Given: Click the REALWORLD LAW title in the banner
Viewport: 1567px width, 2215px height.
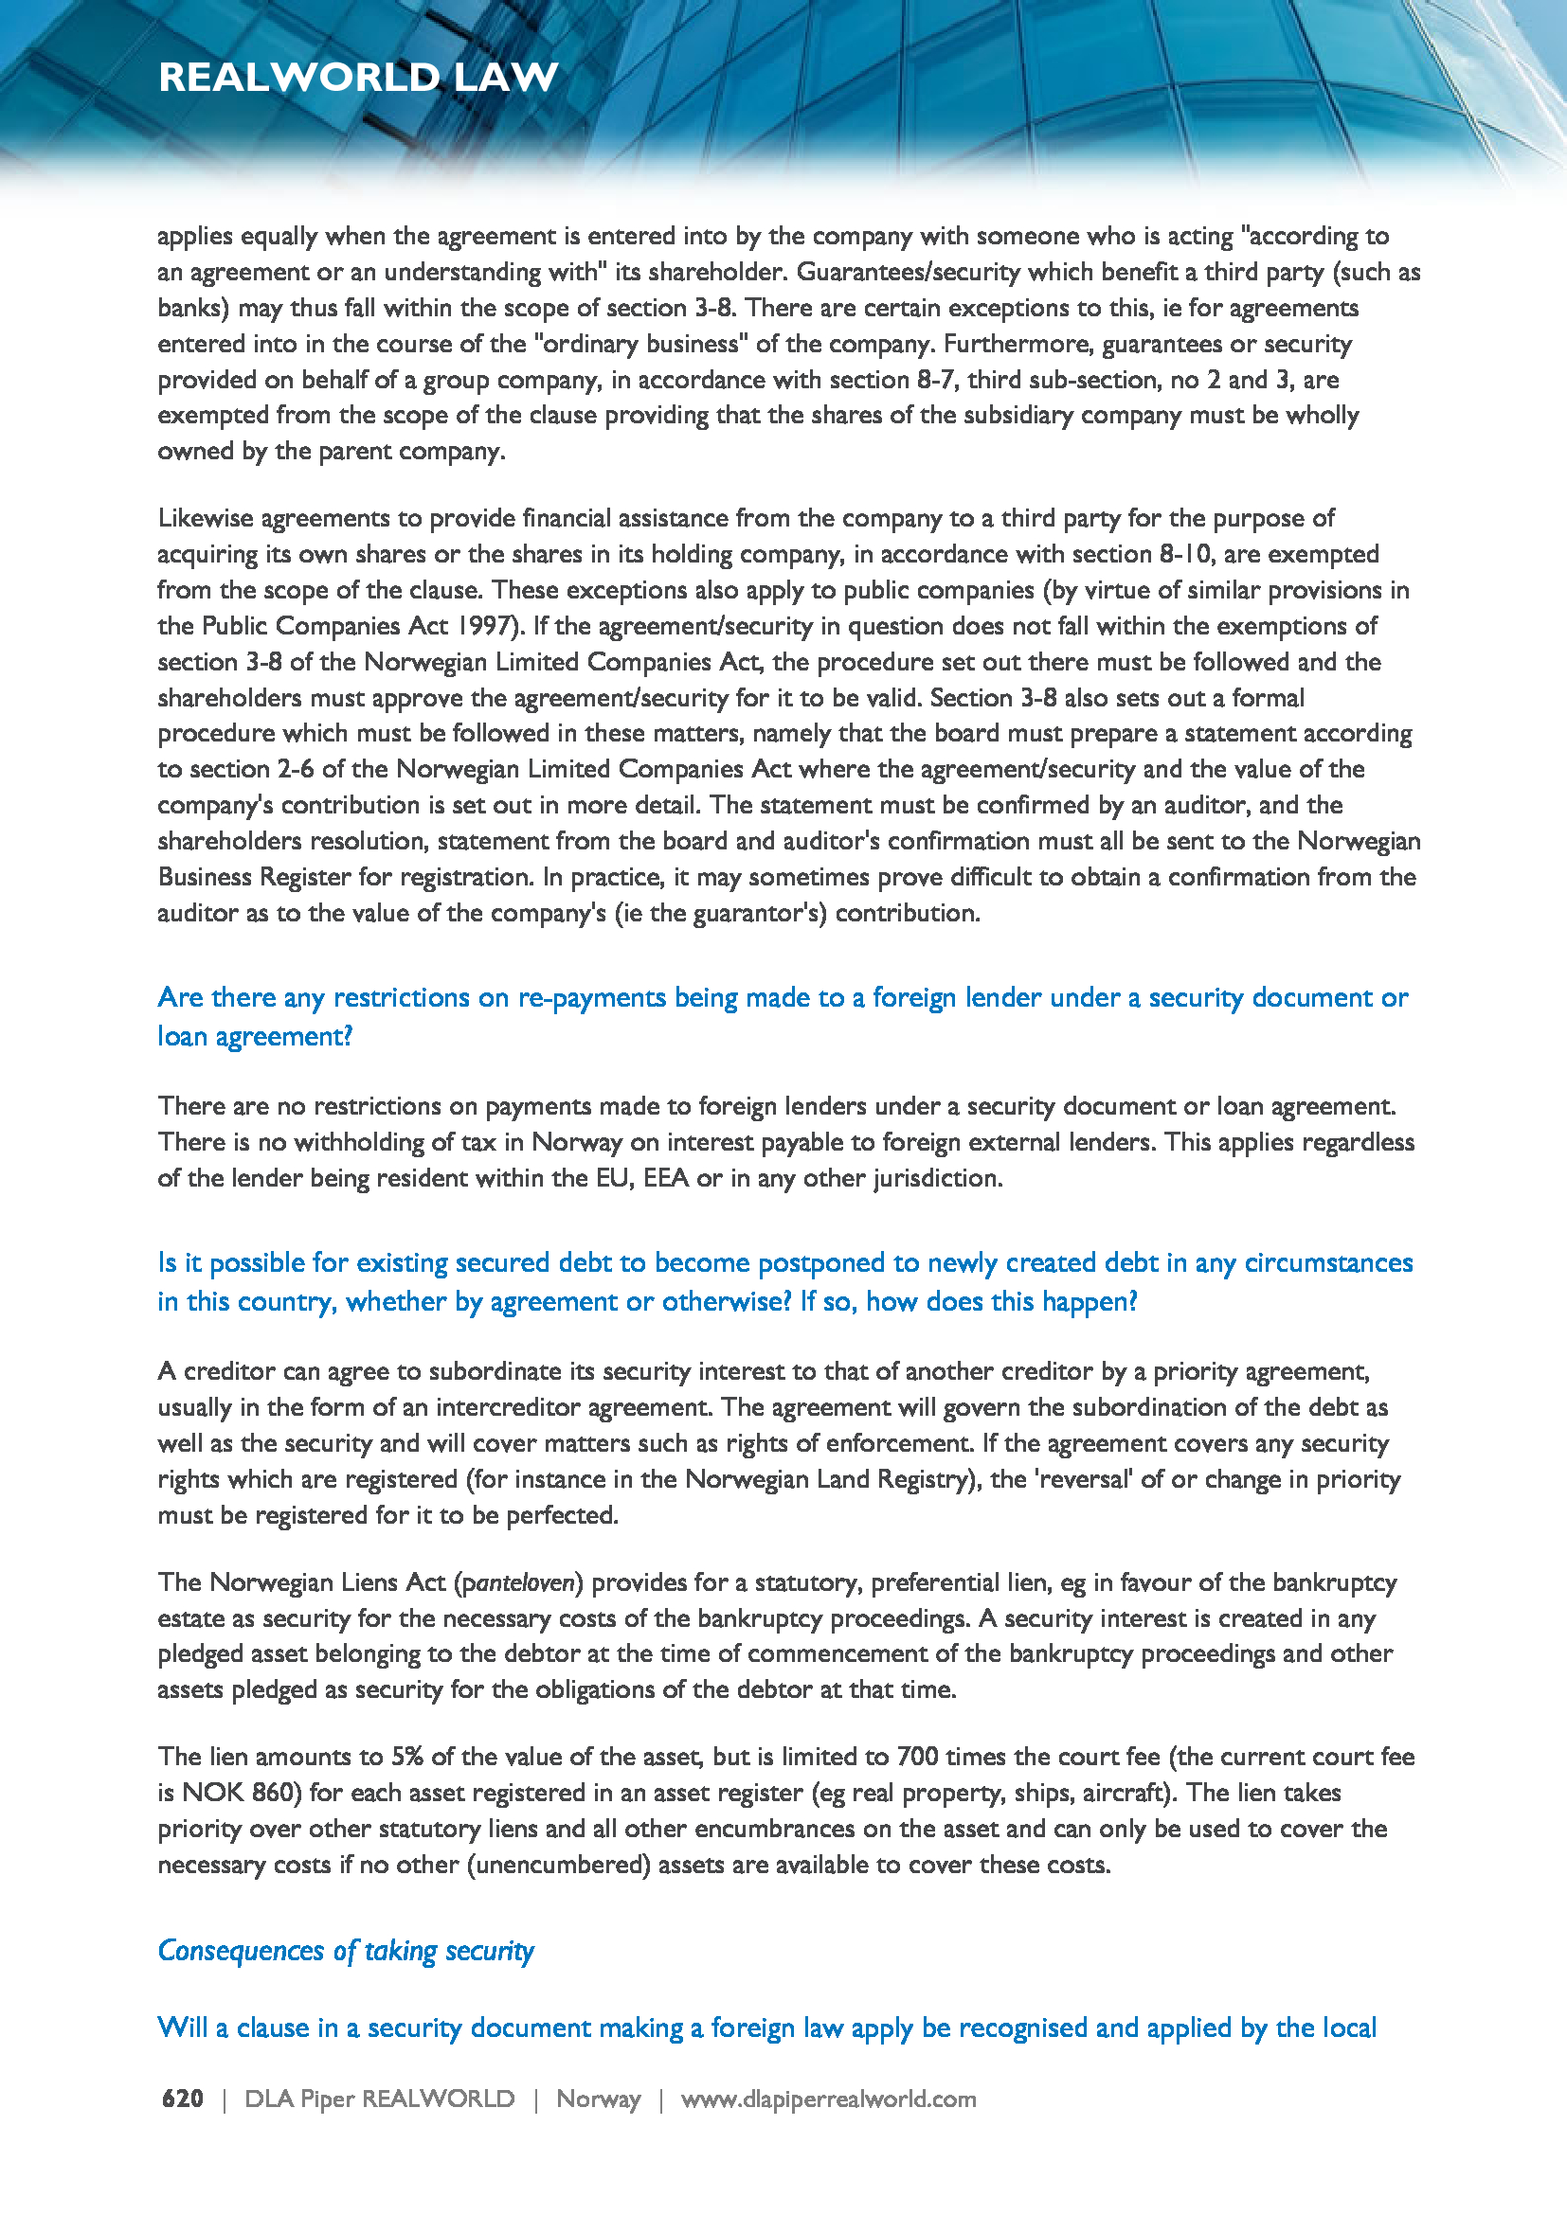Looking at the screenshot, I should tap(358, 77).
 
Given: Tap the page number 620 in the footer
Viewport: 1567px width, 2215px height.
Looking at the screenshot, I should tap(182, 2099).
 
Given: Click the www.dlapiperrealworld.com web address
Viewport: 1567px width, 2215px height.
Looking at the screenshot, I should tap(828, 2099).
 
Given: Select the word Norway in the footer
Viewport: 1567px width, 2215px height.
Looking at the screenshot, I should tap(598, 2099).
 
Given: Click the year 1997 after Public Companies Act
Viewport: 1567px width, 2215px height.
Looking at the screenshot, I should tap(486, 625).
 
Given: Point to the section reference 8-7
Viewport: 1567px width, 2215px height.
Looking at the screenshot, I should tap(936, 379).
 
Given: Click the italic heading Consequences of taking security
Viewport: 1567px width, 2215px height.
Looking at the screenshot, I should tap(346, 1950).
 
